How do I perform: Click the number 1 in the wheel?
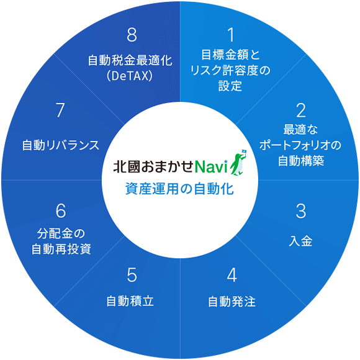point(232,35)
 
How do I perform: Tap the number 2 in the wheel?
point(301,110)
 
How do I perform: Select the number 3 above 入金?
point(301,211)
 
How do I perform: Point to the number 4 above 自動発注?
point(232,275)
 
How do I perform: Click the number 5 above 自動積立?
point(132,275)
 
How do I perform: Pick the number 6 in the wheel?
point(61,211)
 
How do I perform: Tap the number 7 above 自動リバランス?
point(60,110)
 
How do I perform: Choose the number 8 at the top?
point(132,35)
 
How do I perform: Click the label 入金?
point(300,241)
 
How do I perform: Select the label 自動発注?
point(232,302)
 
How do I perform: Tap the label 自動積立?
point(130,301)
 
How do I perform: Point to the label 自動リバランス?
point(61,145)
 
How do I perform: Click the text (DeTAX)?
point(130,76)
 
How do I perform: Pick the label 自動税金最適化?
point(130,61)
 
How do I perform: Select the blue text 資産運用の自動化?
point(179,189)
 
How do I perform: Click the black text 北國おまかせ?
point(153,166)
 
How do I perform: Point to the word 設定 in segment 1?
point(230,86)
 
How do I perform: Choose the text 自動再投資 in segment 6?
point(61,249)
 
